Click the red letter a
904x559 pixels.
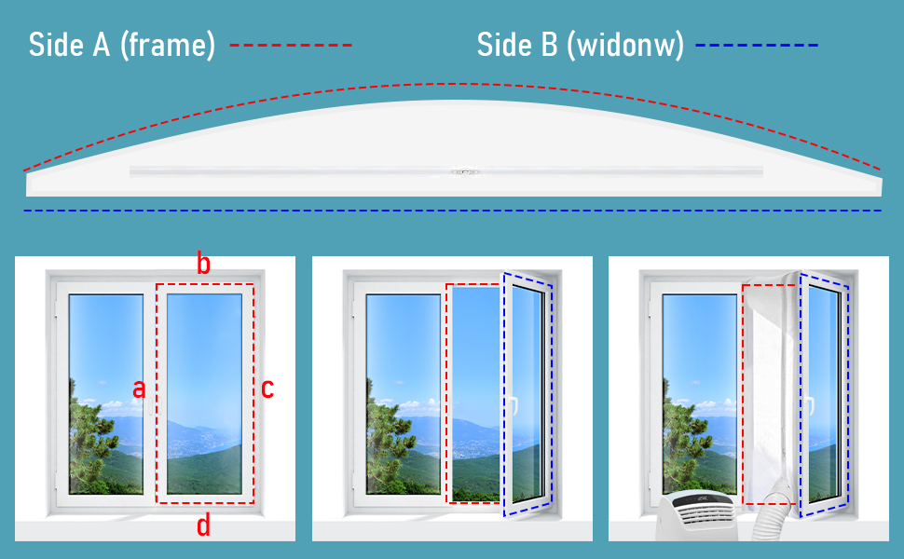(139, 389)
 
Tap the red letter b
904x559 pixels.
(203, 264)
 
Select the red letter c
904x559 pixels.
(267, 389)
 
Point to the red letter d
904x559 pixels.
(203, 526)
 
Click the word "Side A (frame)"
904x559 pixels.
(121, 44)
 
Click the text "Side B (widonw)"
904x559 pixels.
(580, 44)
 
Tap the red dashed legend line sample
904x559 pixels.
(291, 45)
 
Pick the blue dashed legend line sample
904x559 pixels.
(757, 45)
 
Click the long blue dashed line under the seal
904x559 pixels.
(452, 211)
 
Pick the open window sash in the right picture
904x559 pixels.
(824, 391)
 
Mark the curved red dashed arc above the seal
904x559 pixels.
(452, 86)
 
